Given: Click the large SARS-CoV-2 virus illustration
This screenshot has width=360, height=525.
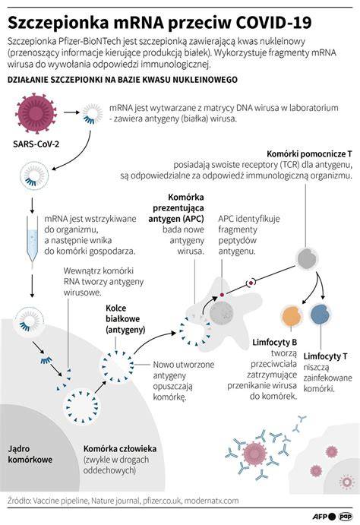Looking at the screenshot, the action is pyautogui.click(x=36, y=113).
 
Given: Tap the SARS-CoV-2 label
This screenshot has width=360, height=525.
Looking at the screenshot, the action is pyautogui.click(x=36, y=144).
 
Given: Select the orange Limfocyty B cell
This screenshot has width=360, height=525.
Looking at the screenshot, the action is pyautogui.click(x=292, y=316).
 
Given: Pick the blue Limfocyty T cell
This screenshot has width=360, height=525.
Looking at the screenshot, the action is pyautogui.click(x=321, y=314).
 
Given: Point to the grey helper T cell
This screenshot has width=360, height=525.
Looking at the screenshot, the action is pyautogui.click(x=306, y=259).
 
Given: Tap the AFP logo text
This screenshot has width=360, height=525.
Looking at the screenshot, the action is pyautogui.click(x=321, y=517).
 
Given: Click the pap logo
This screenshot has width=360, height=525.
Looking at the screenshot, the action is pyautogui.click(x=346, y=517).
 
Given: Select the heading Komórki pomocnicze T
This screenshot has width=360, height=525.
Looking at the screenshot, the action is pyautogui.click(x=309, y=154).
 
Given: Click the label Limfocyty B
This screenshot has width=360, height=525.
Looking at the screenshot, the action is pyautogui.click(x=275, y=343).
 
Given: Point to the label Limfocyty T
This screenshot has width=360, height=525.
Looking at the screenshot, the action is pyautogui.click(x=325, y=356).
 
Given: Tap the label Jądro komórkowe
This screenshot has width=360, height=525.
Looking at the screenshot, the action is pyautogui.click(x=30, y=454).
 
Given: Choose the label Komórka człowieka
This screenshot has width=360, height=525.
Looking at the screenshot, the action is pyautogui.click(x=120, y=449).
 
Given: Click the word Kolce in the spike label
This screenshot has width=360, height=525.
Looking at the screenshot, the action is pyautogui.click(x=115, y=308).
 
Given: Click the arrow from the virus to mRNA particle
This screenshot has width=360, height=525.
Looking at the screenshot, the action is pyautogui.click(x=71, y=112).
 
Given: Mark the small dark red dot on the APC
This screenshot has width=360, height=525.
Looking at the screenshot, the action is pyautogui.click(x=222, y=295).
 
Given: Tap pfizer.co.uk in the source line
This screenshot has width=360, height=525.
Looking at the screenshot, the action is pyautogui.click(x=163, y=501).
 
